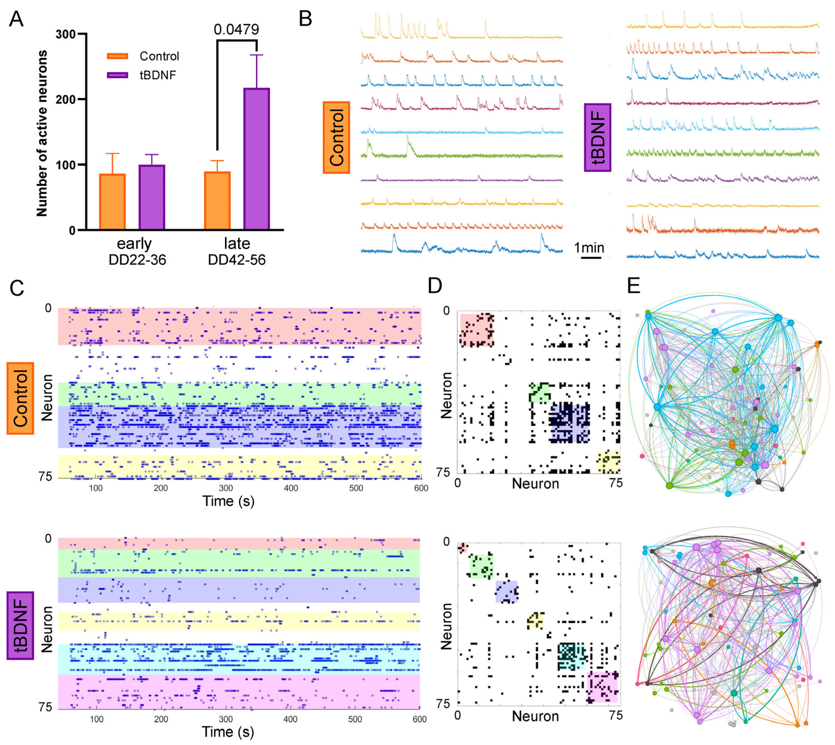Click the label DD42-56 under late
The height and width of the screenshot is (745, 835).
coord(237,259)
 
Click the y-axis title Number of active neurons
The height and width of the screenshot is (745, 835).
coord(42,133)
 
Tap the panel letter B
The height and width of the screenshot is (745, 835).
coord(305,19)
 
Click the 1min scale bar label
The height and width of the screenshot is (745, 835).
coord(589,248)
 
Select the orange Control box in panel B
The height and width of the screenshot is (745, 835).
coord(336,138)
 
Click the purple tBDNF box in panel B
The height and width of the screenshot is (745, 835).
coord(598,138)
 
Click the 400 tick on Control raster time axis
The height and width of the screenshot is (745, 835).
coord(291,488)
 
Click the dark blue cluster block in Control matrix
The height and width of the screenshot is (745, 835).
coord(570,423)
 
